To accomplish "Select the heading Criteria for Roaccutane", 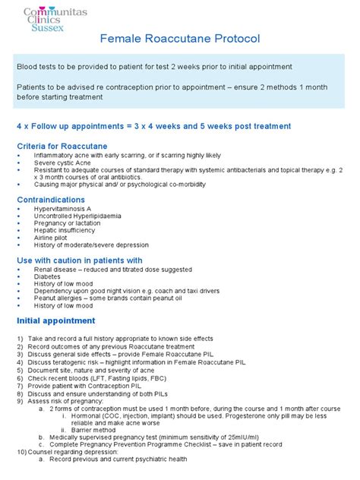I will tap(62, 145).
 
